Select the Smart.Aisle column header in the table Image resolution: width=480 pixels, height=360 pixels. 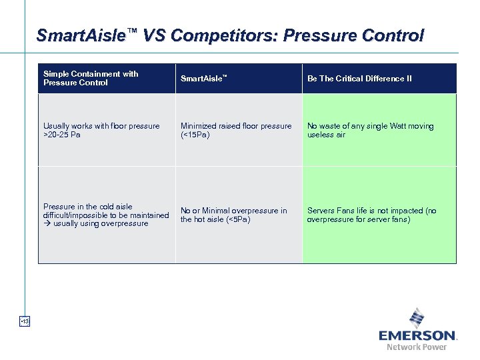pos(203,79)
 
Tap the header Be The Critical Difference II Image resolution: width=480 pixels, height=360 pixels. pos(359,79)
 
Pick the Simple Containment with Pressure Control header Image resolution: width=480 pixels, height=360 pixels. pos(91,78)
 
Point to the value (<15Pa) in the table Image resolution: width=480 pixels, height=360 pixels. pos(195,135)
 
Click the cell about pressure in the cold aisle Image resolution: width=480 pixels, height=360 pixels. pos(106,215)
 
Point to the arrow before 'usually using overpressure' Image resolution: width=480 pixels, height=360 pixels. pos(47,224)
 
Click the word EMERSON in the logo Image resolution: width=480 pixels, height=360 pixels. pos(417,335)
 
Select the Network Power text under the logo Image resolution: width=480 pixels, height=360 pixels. pos(417,347)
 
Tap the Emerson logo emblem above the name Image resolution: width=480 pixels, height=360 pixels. pos(417,317)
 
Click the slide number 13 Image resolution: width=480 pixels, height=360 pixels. pos(25,322)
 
